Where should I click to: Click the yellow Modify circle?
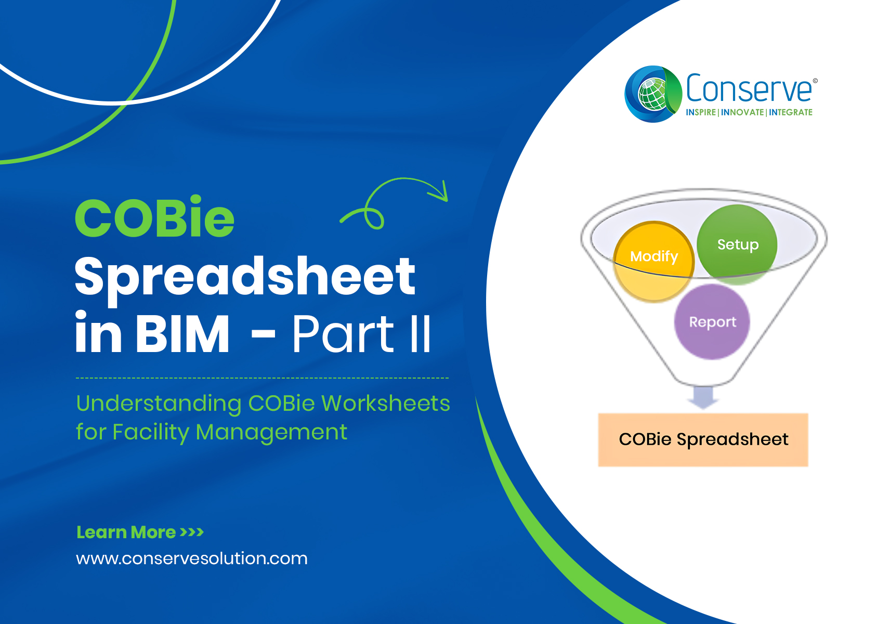(653, 261)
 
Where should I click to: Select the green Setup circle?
(737, 244)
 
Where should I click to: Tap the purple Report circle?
(712, 321)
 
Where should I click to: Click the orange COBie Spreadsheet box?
(703, 439)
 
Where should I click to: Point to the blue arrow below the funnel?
(703, 397)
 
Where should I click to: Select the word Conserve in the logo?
(749, 88)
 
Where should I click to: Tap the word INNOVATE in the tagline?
(742, 112)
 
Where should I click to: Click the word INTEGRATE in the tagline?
(790, 112)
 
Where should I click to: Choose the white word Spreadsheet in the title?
(245, 280)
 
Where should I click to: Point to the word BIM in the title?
(182, 333)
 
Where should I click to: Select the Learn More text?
(126, 532)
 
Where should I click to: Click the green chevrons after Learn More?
(191, 532)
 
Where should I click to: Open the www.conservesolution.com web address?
(191, 558)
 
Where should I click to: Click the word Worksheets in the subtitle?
(385, 404)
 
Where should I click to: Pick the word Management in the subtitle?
(271, 433)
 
